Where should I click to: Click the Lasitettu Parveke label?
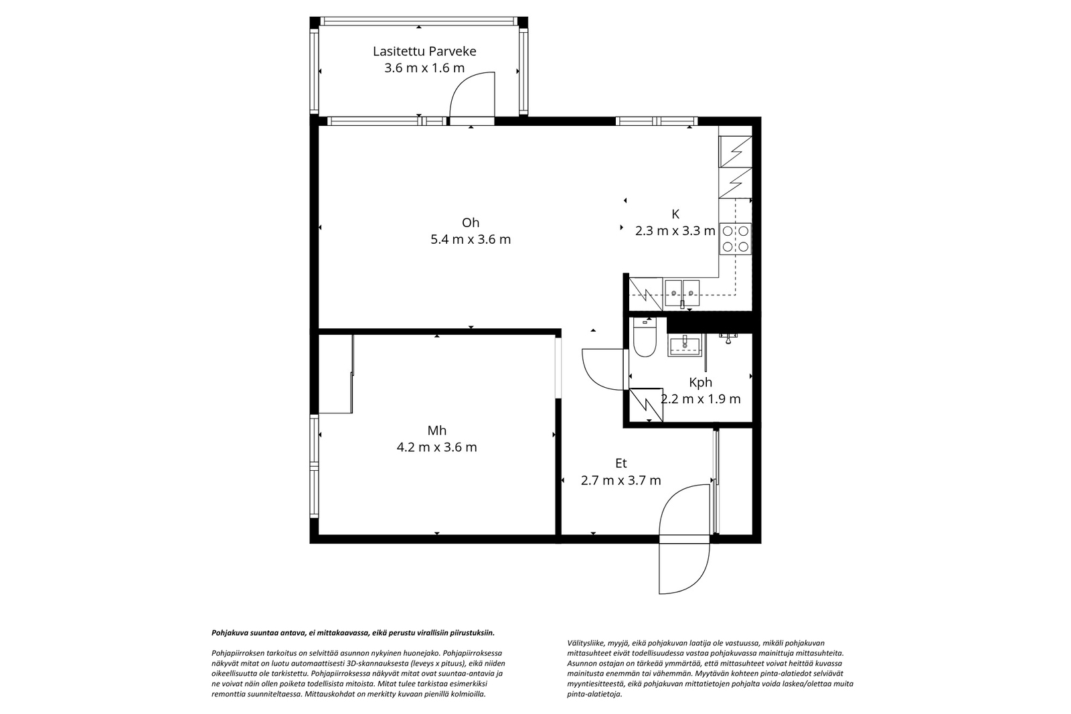point(424,52)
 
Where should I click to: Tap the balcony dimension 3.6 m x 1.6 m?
point(424,68)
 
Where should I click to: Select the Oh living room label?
point(471,223)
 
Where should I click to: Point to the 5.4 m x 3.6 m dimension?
point(471,240)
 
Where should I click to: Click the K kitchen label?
point(675,214)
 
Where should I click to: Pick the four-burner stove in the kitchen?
point(735,238)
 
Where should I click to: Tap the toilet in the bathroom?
point(645,339)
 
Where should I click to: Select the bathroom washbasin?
point(684,346)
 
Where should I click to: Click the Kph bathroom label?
point(700,382)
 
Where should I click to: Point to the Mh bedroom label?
point(437,431)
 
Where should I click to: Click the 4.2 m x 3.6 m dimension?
point(437,447)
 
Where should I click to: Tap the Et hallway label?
point(621,463)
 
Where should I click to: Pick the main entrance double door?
point(684,539)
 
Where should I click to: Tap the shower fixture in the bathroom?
point(728,337)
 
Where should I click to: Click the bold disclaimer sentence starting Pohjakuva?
point(353,632)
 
